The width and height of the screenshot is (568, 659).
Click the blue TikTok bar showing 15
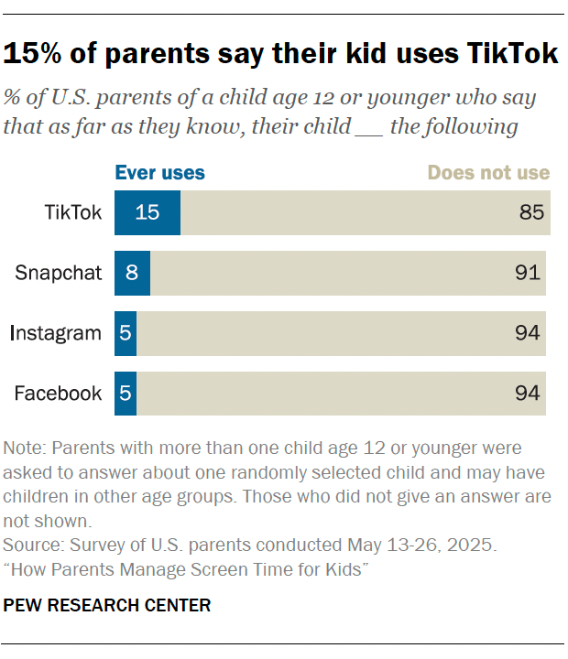(x=147, y=212)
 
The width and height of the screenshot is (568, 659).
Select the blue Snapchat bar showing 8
(x=132, y=273)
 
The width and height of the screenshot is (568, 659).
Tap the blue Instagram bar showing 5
(x=126, y=333)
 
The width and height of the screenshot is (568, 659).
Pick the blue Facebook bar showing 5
(x=126, y=394)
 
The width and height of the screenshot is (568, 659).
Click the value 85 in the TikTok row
(x=531, y=212)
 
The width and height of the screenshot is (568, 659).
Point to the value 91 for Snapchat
(x=528, y=273)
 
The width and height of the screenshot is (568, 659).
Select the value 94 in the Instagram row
(x=528, y=333)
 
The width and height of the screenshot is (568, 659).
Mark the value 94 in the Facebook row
(x=528, y=394)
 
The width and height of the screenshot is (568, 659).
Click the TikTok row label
(x=73, y=212)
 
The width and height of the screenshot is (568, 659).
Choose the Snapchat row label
(x=59, y=273)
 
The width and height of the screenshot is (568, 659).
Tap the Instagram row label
(x=56, y=333)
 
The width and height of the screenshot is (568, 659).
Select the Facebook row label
(x=58, y=394)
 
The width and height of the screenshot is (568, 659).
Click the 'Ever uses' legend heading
(x=159, y=173)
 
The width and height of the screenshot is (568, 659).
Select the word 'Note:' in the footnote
(x=26, y=448)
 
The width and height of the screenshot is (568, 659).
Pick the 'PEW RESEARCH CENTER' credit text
(x=107, y=605)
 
